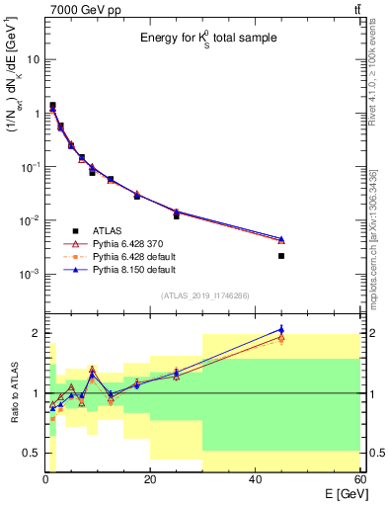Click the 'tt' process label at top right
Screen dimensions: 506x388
355,10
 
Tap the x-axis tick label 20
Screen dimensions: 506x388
150,477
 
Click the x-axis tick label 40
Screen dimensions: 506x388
255,477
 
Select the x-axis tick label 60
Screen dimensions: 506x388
359,477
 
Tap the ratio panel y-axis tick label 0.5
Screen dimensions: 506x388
33,453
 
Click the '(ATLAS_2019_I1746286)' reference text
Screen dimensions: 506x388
203,295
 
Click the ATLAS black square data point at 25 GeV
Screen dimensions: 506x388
177,215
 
